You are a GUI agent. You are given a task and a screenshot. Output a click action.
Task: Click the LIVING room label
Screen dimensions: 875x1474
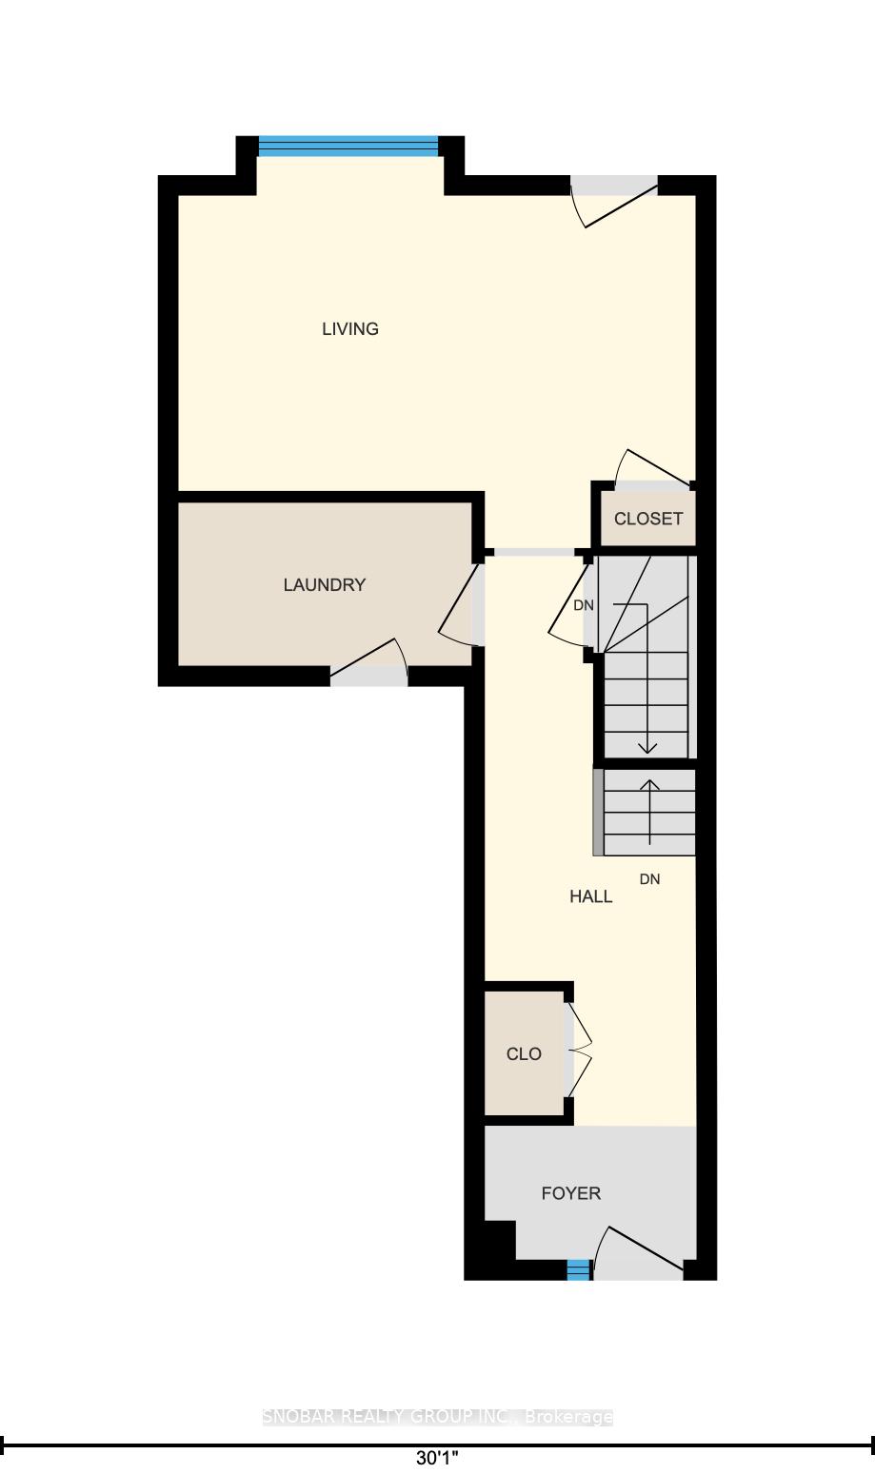click(x=350, y=329)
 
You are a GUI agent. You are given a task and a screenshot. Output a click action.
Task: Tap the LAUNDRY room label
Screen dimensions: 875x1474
click(x=325, y=585)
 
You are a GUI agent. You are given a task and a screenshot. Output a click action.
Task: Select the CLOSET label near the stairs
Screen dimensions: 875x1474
click(x=648, y=519)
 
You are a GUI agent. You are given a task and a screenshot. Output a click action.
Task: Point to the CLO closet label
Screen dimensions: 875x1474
click(x=524, y=1054)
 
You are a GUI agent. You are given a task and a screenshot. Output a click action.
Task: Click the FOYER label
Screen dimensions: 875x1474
click(x=571, y=1193)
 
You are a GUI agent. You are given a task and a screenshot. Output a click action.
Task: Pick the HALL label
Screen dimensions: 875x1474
click(x=591, y=896)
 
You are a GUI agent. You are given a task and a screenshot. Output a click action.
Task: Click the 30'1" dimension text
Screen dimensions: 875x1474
click(x=437, y=1458)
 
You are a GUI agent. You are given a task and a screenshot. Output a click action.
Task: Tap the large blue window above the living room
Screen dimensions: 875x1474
click(x=348, y=147)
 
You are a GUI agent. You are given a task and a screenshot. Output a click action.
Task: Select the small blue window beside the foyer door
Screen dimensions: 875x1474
click(x=579, y=1269)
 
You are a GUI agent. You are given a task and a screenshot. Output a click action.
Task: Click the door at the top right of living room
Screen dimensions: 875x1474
click(x=614, y=201)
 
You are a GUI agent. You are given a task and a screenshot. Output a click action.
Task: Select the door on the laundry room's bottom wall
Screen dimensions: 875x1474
click(x=369, y=660)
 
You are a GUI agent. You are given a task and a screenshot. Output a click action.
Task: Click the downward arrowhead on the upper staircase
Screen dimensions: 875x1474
click(x=647, y=748)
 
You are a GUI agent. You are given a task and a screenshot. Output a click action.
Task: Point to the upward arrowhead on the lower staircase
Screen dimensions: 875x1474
click(x=650, y=784)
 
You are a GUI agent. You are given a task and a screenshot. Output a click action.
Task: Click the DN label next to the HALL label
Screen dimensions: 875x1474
click(x=650, y=879)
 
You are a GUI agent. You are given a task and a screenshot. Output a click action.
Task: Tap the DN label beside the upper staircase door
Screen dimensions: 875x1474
click(x=584, y=605)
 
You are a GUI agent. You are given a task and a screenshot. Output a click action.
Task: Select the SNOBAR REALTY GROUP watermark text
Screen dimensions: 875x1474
click(x=437, y=1417)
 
